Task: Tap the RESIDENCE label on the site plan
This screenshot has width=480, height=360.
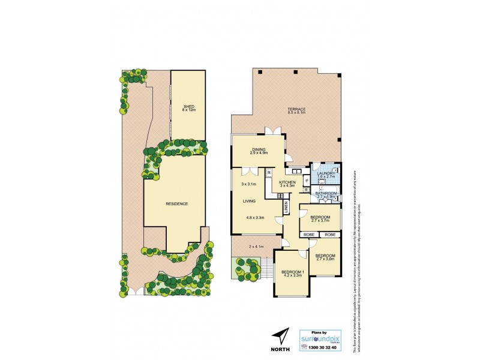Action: (176, 204)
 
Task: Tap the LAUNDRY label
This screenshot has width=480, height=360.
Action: (326, 173)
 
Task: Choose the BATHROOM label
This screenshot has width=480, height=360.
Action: (326, 193)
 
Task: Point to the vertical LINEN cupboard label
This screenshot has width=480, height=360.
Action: (287, 207)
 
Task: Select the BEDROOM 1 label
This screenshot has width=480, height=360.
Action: (293, 272)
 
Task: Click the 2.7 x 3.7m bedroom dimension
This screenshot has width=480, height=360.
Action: (320, 220)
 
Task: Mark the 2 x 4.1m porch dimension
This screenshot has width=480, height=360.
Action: (256, 247)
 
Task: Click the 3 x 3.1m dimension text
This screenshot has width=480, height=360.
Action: (248, 184)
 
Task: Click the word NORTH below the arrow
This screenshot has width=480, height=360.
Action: (280, 349)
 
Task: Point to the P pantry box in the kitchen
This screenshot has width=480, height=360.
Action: (306, 180)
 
